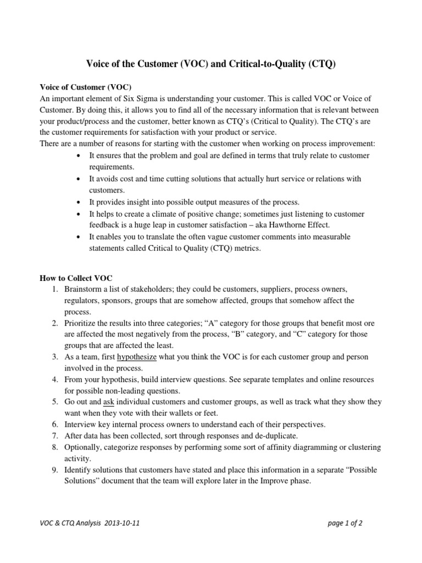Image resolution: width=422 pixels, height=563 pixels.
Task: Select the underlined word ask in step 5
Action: (108, 402)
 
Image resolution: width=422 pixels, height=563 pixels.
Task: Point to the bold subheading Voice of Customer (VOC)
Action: (86, 86)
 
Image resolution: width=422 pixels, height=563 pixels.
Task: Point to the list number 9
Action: (55, 470)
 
